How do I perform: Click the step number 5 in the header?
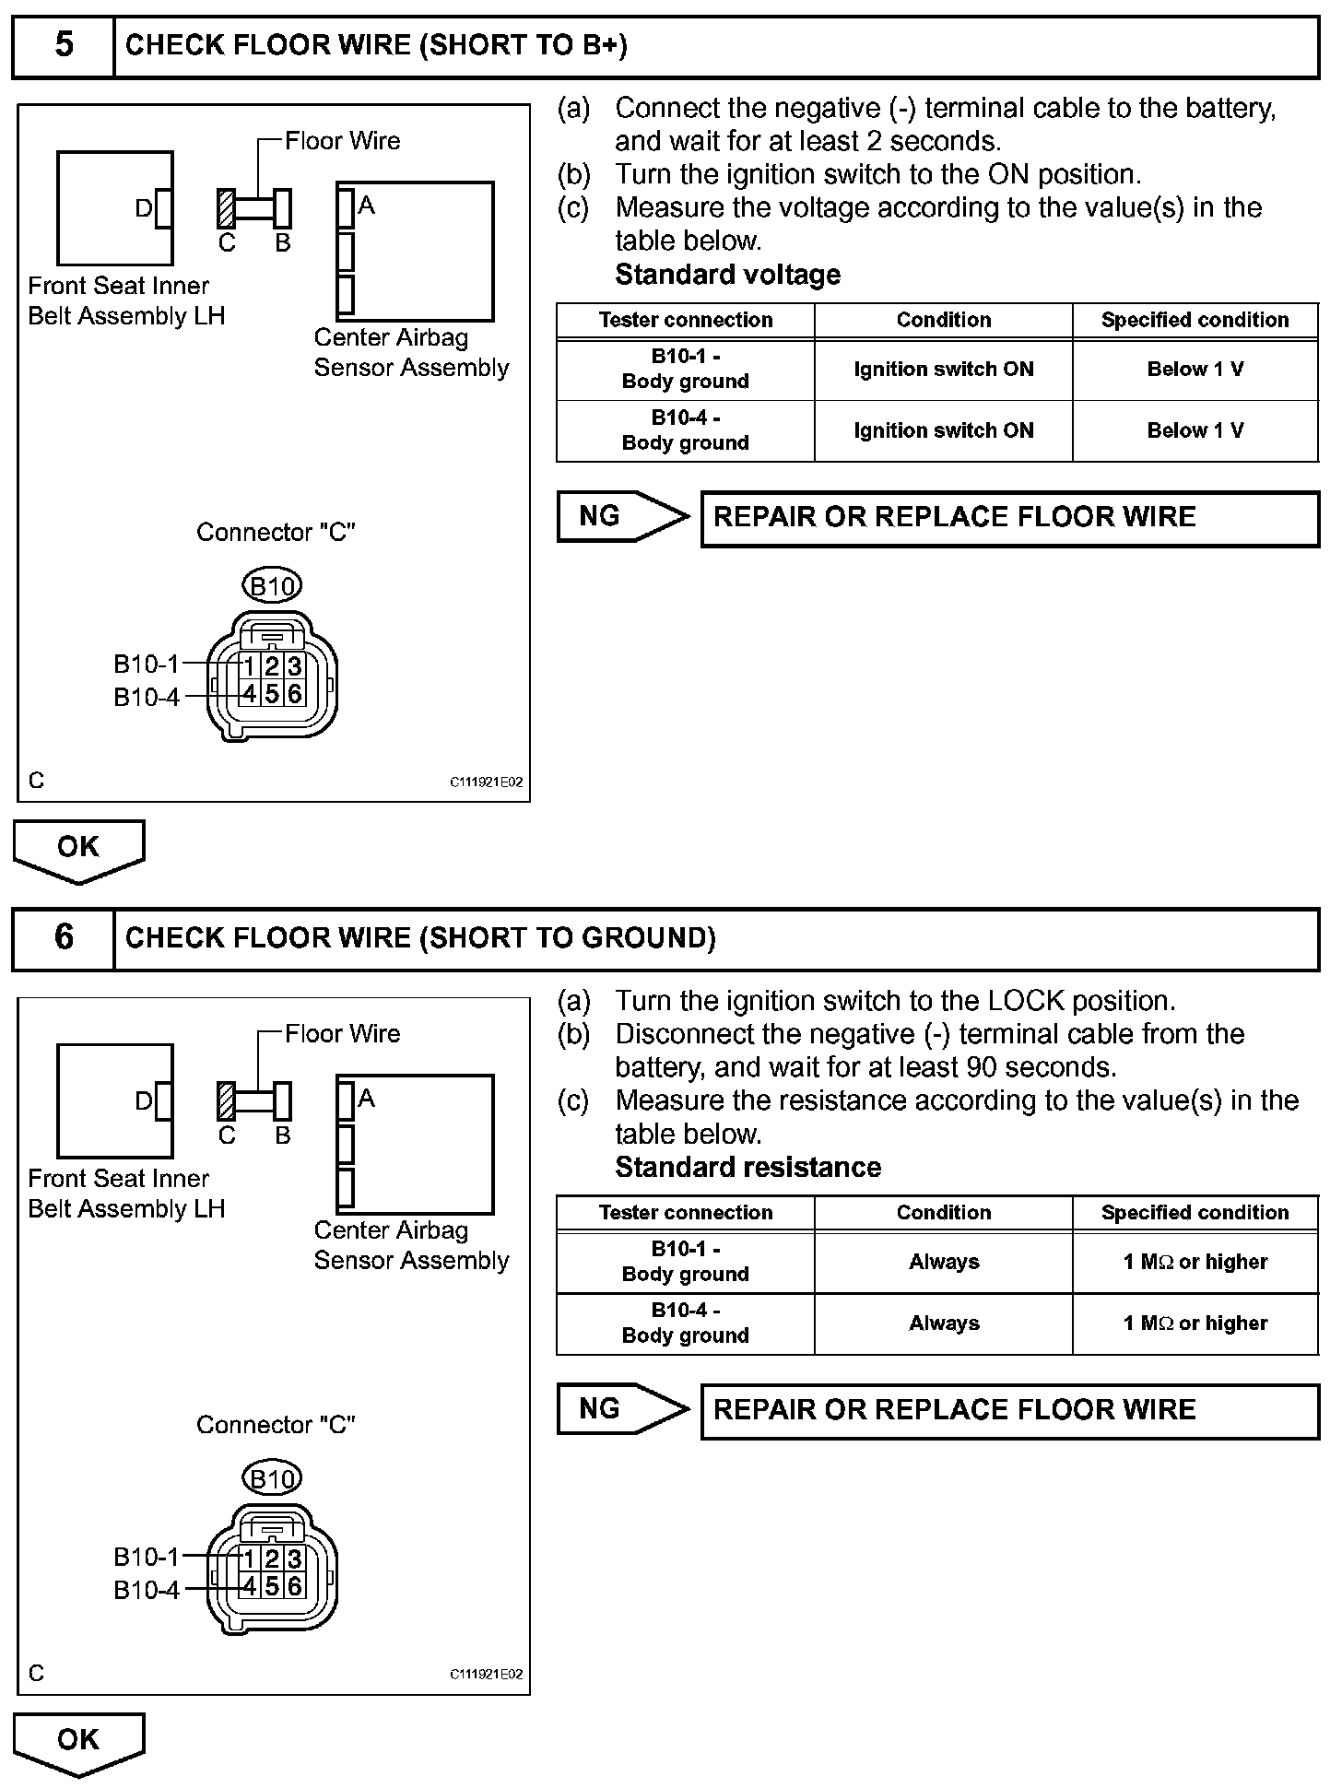tap(64, 44)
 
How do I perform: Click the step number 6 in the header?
tap(64, 937)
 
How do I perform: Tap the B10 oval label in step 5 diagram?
tap(273, 585)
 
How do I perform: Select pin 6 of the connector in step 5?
tap(295, 693)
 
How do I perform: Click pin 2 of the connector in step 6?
tap(272, 1559)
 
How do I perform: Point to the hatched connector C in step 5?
tap(226, 208)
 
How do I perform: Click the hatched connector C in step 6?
tap(226, 1101)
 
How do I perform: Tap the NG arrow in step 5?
tap(621, 516)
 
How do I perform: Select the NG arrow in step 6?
tap(621, 1409)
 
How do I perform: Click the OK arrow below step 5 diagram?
tap(78, 849)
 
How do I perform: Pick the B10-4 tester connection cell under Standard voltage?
tap(685, 430)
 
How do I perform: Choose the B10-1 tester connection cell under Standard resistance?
tap(685, 1262)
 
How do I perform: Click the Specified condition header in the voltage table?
tap(1195, 321)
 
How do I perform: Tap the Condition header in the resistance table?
tap(943, 1213)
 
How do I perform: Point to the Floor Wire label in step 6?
tap(342, 1034)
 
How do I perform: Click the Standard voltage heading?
tap(727, 275)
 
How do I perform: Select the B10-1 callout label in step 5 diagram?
tap(147, 665)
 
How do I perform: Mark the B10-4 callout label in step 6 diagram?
tap(147, 1591)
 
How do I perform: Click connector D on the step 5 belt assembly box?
tap(163, 208)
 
